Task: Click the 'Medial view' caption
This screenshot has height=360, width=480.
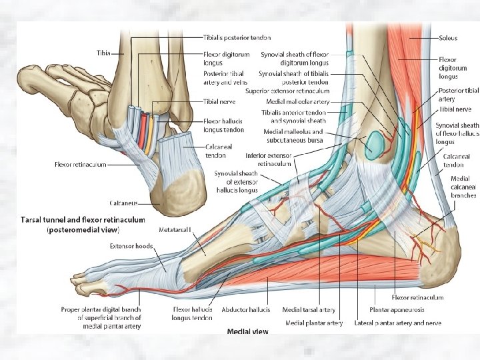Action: pos(247,331)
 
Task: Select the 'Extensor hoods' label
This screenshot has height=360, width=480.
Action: pos(131,245)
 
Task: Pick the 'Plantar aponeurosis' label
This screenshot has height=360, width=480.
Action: pos(395,309)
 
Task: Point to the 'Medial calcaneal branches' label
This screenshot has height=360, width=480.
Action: pos(463,187)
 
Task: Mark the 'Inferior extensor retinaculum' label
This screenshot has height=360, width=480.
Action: pos(269,159)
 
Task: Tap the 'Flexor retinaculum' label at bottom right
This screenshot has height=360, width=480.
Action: pos(418,297)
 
